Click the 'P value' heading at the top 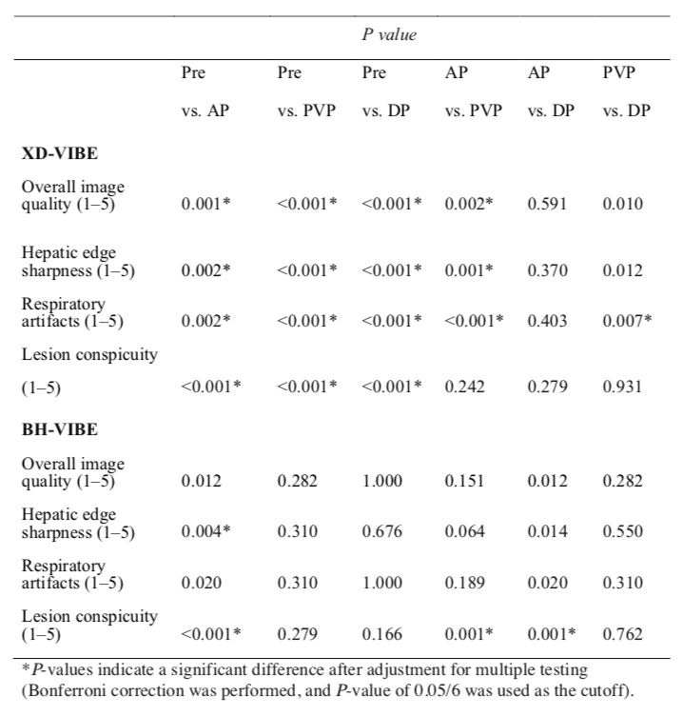click(389, 35)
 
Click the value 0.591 click(547, 203)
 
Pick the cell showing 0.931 click(623, 387)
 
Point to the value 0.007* click(627, 319)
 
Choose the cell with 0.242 click(464, 387)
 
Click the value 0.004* click(205, 531)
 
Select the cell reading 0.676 click(381, 531)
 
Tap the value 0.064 click(464, 531)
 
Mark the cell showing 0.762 click(623, 633)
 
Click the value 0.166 click(381, 633)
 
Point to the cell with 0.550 click(623, 531)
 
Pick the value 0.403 click(547, 319)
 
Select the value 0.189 click(464, 583)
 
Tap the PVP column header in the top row click(619, 72)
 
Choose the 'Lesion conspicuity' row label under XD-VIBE click(89, 355)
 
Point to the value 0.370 click(547, 270)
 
